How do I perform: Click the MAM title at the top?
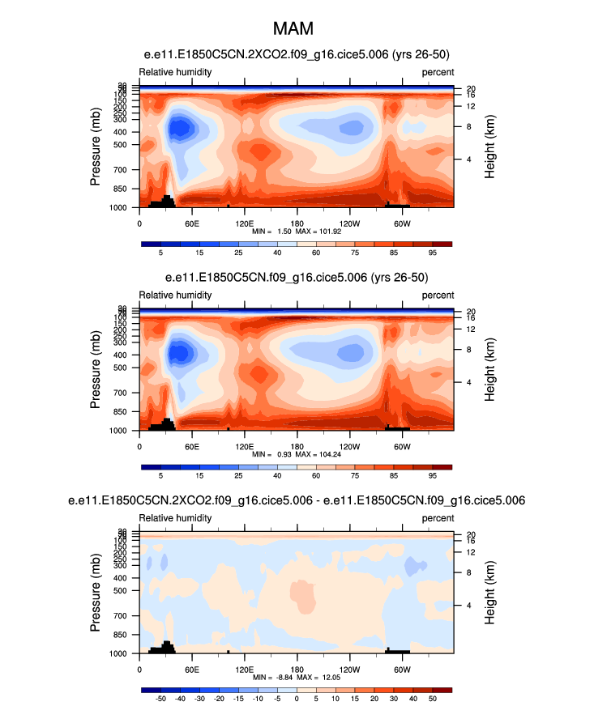tap(297, 30)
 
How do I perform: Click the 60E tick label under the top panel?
tap(192, 223)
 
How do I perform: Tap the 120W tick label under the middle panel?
tap(349, 445)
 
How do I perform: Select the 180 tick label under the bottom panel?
tap(297, 668)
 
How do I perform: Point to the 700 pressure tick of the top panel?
tap(124, 171)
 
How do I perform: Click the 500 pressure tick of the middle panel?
tap(124, 368)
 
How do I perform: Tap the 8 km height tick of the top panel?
tap(468, 127)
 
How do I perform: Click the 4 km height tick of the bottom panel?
tap(468, 605)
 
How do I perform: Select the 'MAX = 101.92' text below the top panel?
tap(323, 231)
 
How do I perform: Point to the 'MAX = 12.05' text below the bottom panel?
tap(323, 676)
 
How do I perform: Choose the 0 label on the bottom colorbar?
tap(297, 698)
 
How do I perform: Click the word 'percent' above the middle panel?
tap(438, 295)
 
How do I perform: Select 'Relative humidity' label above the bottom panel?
tap(175, 517)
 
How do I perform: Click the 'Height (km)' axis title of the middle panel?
tap(490, 370)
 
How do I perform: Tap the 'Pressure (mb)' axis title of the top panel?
tap(96, 147)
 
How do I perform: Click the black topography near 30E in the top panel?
tap(166, 201)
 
